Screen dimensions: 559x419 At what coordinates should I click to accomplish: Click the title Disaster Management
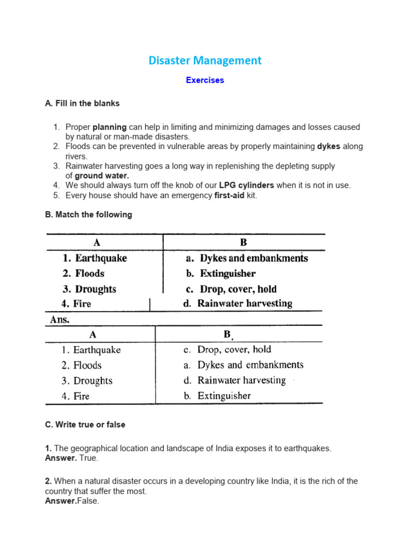click(205, 61)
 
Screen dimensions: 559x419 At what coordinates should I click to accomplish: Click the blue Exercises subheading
click(205, 80)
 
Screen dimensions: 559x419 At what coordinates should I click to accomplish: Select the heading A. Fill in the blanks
click(82, 103)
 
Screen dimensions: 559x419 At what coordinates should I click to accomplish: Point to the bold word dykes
click(329, 146)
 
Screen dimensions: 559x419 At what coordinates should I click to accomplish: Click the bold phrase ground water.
click(102, 176)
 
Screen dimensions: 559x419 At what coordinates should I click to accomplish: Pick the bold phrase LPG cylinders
click(247, 185)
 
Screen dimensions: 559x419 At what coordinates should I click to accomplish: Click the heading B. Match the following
click(88, 215)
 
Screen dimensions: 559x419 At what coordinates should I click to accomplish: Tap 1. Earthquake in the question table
click(95, 258)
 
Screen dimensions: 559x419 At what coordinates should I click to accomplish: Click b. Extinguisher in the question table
click(220, 273)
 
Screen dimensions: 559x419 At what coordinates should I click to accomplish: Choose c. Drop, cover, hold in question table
click(231, 289)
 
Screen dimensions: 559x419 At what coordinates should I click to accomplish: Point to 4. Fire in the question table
click(76, 304)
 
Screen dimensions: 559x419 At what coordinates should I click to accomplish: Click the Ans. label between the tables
click(60, 320)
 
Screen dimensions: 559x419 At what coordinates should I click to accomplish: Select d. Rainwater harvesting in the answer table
click(235, 380)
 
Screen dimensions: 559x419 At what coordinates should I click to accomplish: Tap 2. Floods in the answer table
click(81, 365)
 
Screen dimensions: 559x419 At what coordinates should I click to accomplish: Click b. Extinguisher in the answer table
click(217, 396)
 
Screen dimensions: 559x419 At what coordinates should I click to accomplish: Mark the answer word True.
click(88, 458)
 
